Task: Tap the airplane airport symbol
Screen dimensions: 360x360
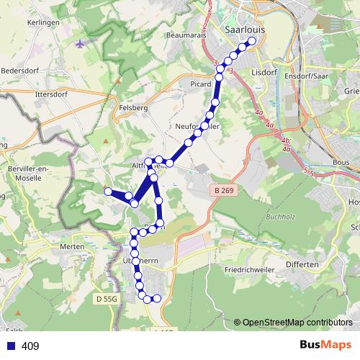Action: pos(79,44)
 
